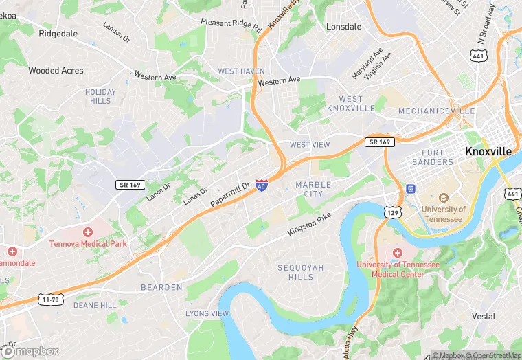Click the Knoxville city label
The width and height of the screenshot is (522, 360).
click(x=488, y=151)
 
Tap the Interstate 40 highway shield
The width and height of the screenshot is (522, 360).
click(x=262, y=185)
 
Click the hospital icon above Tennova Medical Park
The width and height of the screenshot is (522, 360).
click(x=87, y=232)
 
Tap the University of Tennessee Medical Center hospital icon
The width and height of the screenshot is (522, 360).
click(x=396, y=253)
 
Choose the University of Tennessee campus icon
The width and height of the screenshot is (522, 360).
click(x=443, y=198)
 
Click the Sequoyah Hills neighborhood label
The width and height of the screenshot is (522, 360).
click(x=300, y=272)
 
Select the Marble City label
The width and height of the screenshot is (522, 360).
click(x=313, y=189)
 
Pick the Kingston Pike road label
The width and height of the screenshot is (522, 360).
click(x=309, y=225)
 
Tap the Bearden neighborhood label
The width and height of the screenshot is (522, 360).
click(x=161, y=287)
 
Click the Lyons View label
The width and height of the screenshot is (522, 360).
click(x=207, y=314)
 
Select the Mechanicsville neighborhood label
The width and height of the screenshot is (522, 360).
click(x=436, y=111)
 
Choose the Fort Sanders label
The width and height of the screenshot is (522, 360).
click(x=433, y=157)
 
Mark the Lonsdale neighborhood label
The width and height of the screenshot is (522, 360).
click(x=343, y=27)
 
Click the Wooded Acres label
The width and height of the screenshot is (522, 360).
click(x=56, y=71)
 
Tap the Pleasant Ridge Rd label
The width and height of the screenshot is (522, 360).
click(x=231, y=25)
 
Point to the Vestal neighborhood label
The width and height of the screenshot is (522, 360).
click(x=484, y=317)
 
